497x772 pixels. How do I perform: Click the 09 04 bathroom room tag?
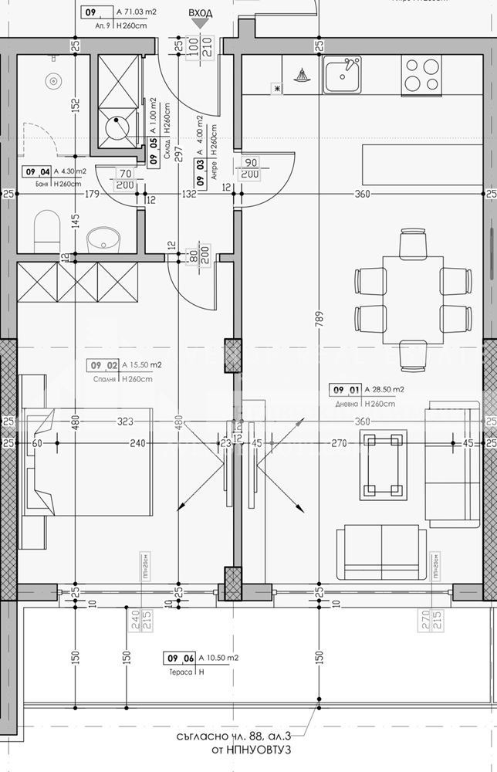click(39, 171)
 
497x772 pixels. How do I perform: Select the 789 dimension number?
click(319, 317)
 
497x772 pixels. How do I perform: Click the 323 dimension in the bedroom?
click(126, 422)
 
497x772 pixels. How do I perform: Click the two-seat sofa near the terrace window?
click(382, 553)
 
